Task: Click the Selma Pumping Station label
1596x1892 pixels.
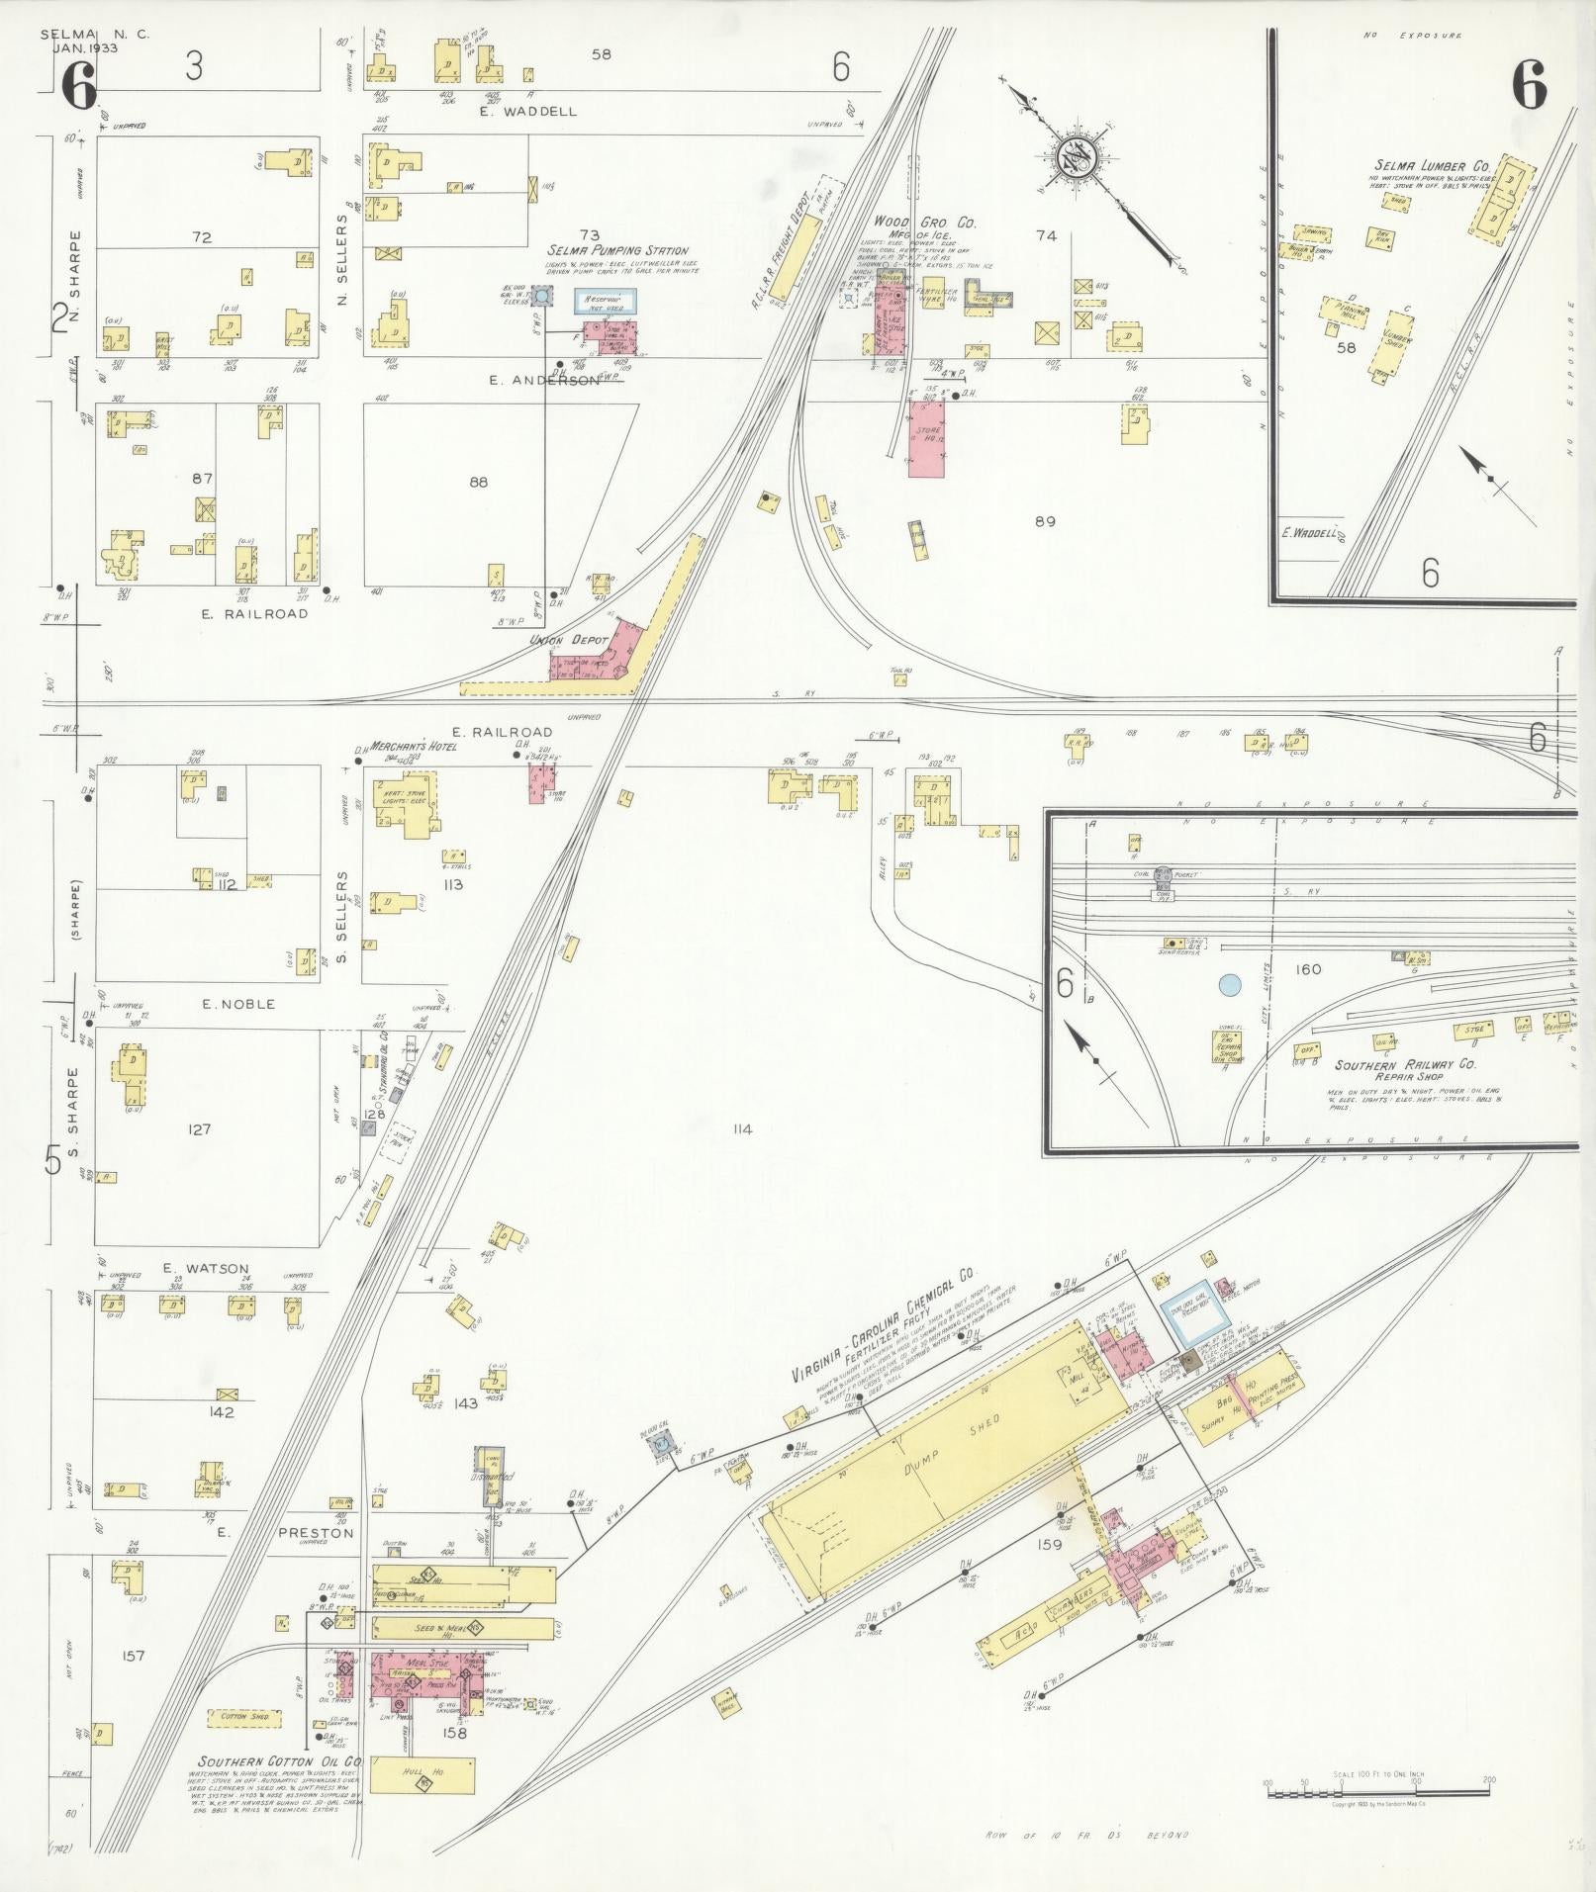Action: [x=618, y=250]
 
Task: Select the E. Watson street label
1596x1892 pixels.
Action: [x=206, y=1269]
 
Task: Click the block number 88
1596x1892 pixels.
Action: [x=479, y=483]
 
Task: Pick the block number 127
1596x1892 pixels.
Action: [x=200, y=1128]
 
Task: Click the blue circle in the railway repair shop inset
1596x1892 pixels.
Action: [x=1230, y=984]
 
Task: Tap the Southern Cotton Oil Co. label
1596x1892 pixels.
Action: [x=280, y=1761]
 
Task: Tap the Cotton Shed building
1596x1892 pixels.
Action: [x=240, y=1716]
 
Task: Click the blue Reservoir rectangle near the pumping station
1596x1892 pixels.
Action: [x=606, y=301]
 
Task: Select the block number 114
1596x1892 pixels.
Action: [x=742, y=1129]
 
